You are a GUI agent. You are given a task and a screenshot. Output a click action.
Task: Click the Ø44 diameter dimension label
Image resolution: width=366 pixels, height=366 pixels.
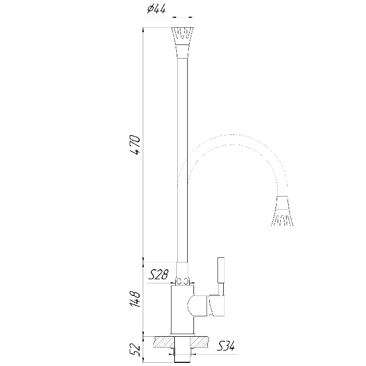coord(156,10)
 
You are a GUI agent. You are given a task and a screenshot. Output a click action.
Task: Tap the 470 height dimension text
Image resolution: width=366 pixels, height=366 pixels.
coord(135,145)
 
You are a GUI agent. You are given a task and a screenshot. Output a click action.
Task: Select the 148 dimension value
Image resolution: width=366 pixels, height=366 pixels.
coord(135,299)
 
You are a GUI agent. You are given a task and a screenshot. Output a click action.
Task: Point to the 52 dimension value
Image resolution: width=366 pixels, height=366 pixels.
coord(135,350)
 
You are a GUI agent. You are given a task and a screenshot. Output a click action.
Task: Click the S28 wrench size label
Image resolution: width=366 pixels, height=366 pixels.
coord(158,274)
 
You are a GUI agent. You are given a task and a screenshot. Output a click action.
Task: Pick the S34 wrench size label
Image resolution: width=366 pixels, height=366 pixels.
coord(225,346)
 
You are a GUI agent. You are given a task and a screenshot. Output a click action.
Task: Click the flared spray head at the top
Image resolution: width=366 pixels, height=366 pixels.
coord(182,36)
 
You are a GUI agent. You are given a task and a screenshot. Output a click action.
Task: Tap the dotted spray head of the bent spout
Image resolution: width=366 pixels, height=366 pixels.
coord(282,211)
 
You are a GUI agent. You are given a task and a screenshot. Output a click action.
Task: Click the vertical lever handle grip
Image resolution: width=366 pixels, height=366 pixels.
coord(221,270)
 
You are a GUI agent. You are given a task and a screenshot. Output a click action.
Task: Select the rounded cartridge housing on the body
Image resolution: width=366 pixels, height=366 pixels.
coord(197,305)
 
